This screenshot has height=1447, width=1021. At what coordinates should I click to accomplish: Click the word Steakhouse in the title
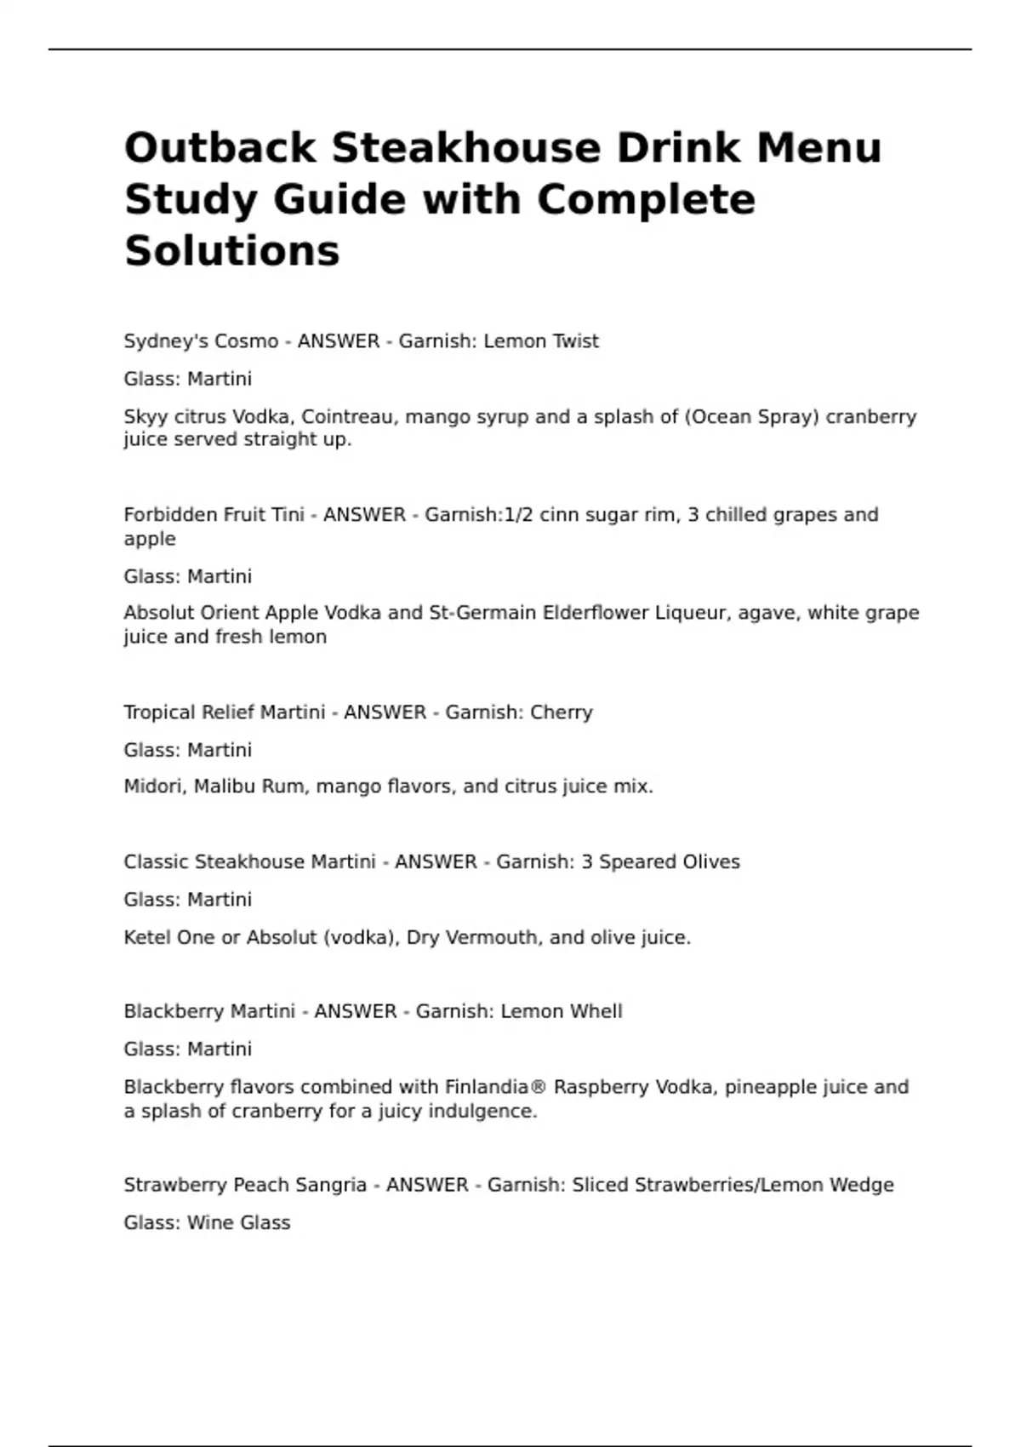click(x=466, y=147)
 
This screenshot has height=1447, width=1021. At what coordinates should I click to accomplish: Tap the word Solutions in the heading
click(x=231, y=250)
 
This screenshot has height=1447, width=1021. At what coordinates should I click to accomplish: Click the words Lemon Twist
click(x=541, y=341)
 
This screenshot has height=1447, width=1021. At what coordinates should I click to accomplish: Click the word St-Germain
click(x=481, y=613)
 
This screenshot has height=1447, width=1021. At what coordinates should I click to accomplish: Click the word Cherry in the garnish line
click(x=561, y=712)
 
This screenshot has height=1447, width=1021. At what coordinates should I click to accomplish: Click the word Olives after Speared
click(x=711, y=862)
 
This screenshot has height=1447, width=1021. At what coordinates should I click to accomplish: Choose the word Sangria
click(x=332, y=1186)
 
